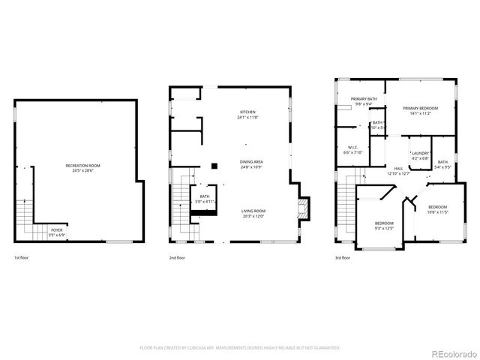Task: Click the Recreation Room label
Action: pos(83,167)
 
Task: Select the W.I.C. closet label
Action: pos(352,149)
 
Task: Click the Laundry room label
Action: pos(419,155)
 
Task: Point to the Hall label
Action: pos(398,170)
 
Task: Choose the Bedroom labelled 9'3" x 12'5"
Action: pos(384,226)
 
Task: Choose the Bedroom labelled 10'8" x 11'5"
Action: pos(437,209)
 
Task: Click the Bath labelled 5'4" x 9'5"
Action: pos(442,164)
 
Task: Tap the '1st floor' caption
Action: pos(22,258)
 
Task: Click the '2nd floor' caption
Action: pos(177,258)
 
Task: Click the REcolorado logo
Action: pos(451,353)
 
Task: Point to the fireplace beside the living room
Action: pos(302,207)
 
